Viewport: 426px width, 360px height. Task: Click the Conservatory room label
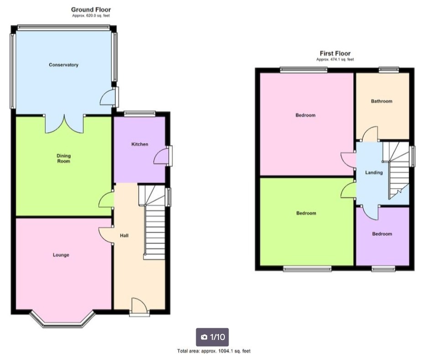(63, 65)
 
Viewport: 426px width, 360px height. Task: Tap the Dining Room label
(63, 158)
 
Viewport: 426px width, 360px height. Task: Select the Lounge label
(61, 255)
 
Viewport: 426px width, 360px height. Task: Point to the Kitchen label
(140, 144)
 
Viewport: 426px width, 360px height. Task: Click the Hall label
(124, 236)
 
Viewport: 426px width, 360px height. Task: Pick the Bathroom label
(382, 101)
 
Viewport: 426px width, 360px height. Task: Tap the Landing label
(374, 172)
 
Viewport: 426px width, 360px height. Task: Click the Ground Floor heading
(91, 10)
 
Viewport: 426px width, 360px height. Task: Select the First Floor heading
(335, 53)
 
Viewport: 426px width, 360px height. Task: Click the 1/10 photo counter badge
(213, 337)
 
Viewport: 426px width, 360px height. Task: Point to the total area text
(214, 351)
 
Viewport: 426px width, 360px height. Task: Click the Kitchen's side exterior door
(163, 156)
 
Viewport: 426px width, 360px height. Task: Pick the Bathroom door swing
(370, 134)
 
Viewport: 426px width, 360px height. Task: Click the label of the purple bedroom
(382, 234)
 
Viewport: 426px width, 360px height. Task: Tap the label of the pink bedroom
(306, 115)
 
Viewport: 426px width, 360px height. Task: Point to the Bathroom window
(389, 70)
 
